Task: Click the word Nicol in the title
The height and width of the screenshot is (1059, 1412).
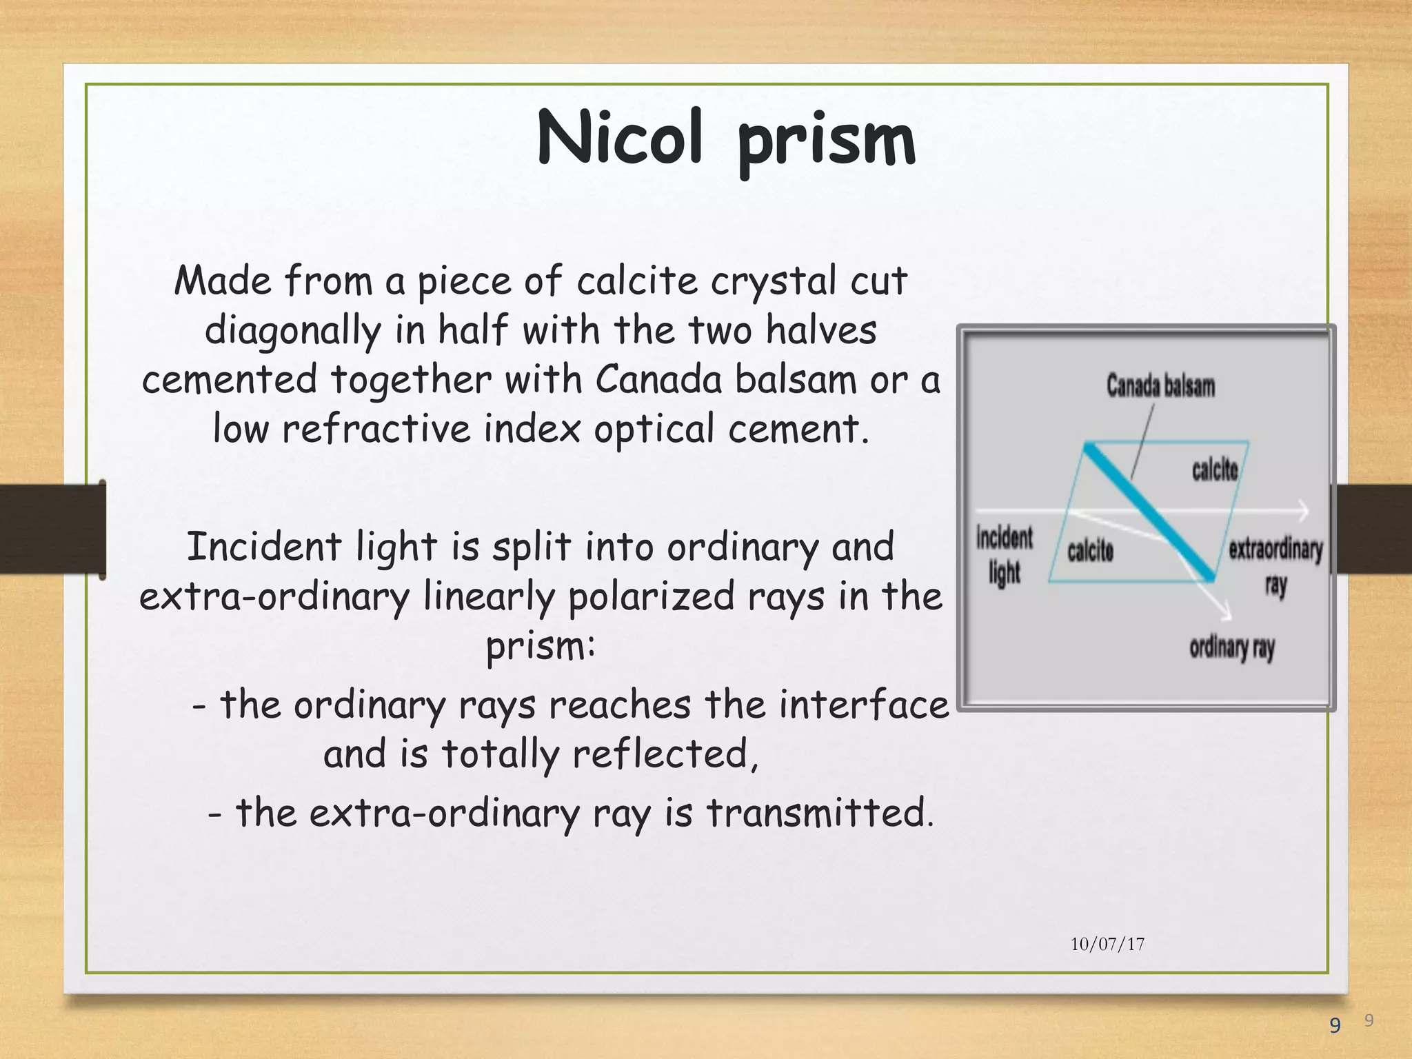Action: point(619,138)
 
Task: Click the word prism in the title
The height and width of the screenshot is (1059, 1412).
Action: point(827,141)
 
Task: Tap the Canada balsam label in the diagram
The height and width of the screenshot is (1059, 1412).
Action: point(1160,385)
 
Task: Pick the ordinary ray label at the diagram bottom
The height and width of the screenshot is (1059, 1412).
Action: point(1231,647)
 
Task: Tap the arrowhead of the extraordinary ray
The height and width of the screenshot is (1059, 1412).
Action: point(1302,511)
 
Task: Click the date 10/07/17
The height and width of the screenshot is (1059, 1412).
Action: point(1107,944)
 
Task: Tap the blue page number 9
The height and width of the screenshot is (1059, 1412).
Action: point(1335,1026)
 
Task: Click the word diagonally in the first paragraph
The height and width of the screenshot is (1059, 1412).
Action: point(292,330)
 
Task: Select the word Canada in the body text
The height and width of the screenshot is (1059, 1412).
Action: point(658,379)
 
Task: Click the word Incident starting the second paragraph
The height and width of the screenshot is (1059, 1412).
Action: point(264,547)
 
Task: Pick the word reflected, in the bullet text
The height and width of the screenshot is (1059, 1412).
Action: point(666,753)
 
